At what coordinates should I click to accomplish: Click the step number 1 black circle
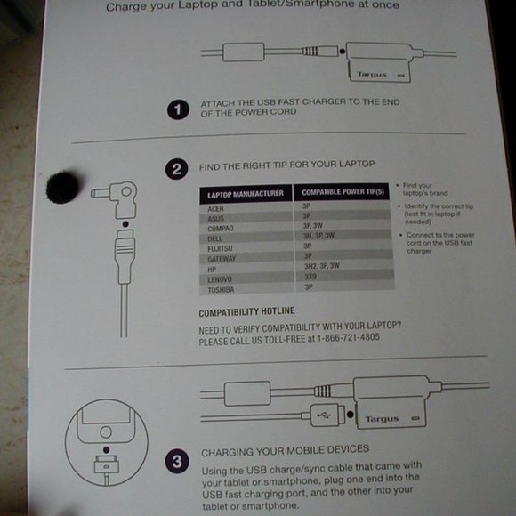pos(179,110)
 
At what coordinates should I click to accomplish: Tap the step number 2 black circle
pos(178,168)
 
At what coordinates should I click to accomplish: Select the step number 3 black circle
pos(177,462)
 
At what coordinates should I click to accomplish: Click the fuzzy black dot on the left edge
pos(62,186)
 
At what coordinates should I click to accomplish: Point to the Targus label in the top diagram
pos(371,75)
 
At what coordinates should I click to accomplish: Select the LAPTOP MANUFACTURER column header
pos(245,193)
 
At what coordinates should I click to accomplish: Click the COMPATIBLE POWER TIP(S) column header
pos(343,193)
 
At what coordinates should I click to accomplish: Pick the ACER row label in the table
pos(216,206)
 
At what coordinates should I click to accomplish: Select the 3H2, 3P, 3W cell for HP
pos(322,266)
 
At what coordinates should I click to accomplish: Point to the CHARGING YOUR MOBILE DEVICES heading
pos(285,449)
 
